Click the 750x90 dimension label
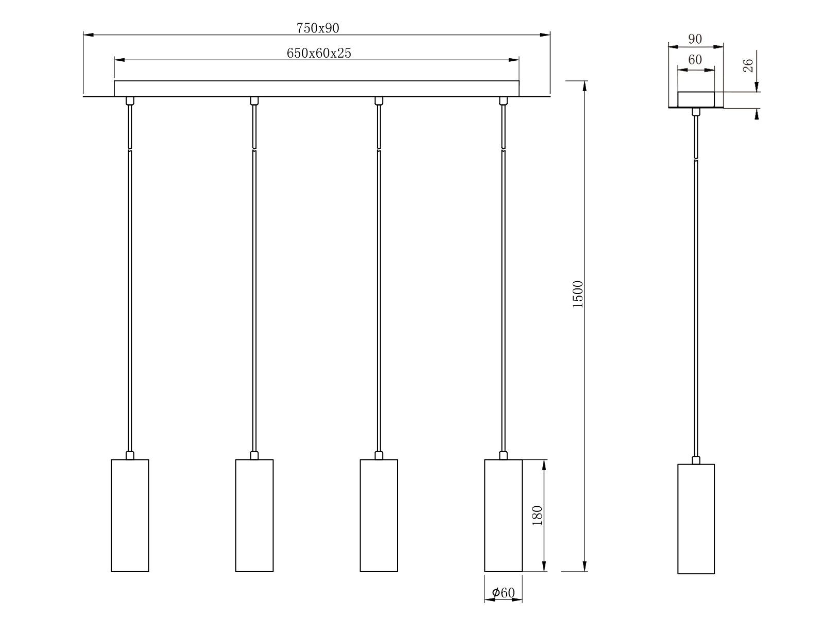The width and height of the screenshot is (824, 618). [318, 28]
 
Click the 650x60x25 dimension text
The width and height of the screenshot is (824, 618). [318, 53]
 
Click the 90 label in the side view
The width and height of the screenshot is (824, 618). [695, 39]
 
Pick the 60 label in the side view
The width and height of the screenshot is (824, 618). [695, 60]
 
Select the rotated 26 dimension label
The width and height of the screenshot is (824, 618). [748, 65]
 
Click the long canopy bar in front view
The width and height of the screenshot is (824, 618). [316, 88]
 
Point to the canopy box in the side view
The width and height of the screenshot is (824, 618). [696, 99]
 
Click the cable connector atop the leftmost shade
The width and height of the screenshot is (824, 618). [130, 455]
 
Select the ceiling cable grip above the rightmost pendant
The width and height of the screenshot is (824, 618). [503, 100]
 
